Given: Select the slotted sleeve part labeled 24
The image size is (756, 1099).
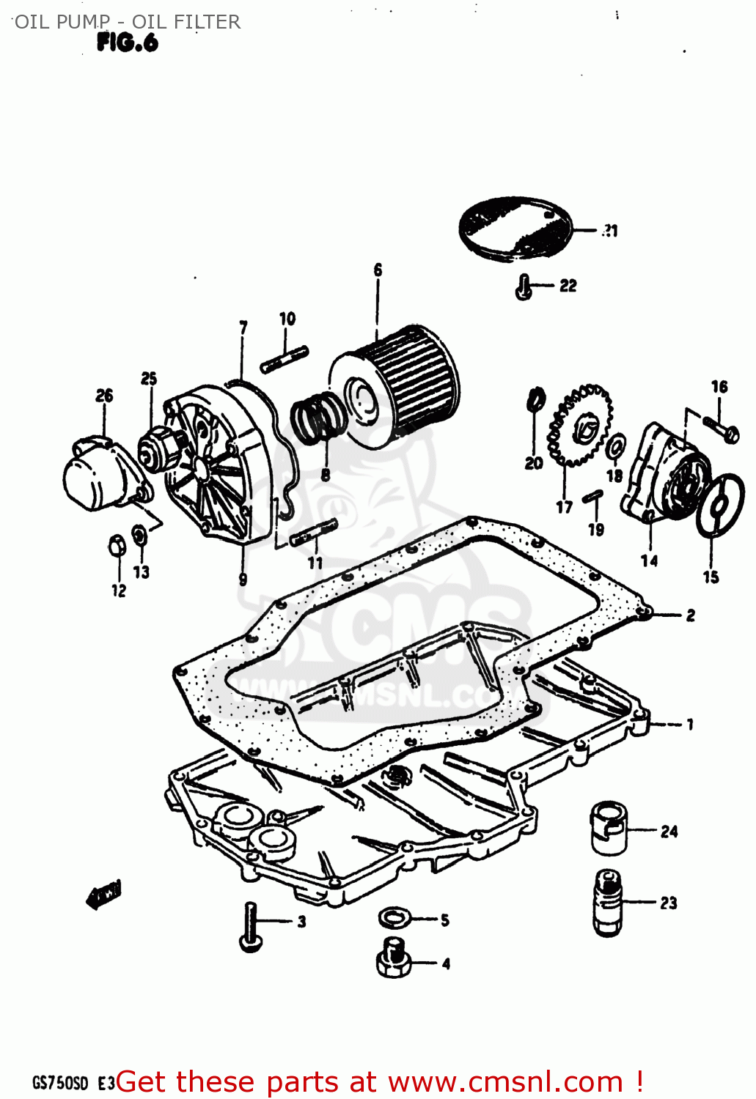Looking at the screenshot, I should click(x=609, y=828).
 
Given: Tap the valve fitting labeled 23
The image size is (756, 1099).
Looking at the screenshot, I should click(x=608, y=902).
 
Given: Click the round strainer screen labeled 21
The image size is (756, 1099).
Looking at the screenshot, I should click(x=515, y=228).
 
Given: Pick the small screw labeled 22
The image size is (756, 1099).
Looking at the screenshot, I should click(x=524, y=286).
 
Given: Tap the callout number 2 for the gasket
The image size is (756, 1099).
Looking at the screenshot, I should click(x=690, y=615).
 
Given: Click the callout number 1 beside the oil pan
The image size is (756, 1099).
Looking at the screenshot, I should click(x=689, y=725).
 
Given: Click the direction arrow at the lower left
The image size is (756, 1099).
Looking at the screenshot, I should click(x=103, y=895).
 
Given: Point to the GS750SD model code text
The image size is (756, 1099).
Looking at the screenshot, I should click(x=60, y=1082).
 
